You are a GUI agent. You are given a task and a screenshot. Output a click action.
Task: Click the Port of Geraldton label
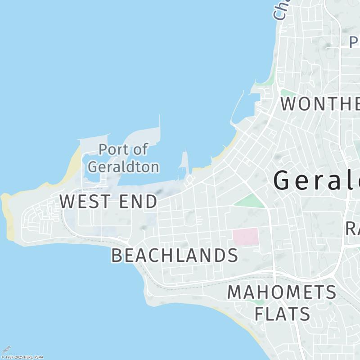123,158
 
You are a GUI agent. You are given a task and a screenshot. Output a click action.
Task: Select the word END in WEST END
138,202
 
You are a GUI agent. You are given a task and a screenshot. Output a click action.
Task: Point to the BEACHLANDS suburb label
175,256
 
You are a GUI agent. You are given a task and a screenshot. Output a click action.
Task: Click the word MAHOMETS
281,292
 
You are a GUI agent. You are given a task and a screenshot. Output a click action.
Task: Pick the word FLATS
282,314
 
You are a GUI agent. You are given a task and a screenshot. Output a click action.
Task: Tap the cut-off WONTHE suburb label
319,104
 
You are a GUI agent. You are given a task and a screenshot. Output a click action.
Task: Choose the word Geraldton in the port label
123,167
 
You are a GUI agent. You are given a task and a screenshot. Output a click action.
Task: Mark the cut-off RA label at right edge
352,228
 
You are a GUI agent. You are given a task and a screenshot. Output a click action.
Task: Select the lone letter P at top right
354,42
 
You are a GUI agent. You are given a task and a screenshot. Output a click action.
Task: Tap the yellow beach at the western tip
8,216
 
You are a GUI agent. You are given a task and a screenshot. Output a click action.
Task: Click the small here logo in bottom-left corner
6,350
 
